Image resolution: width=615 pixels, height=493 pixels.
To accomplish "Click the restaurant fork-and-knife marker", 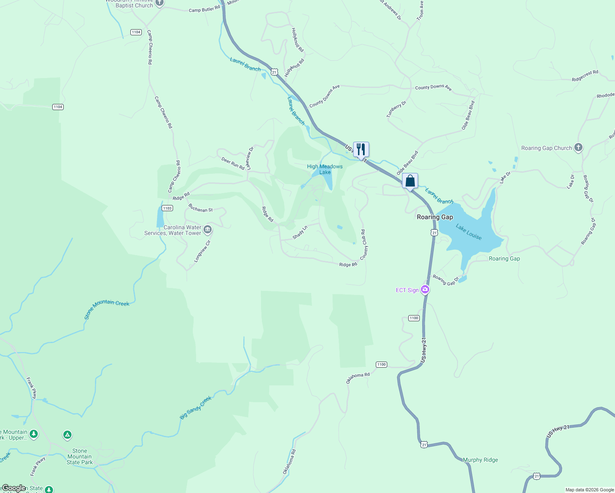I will pyautogui.click(x=361, y=150).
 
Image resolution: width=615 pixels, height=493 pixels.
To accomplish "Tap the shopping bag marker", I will pyautogui.click(x=410, y=181).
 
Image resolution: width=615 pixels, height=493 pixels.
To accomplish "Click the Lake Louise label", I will pyautogui.click(x=469, y=232).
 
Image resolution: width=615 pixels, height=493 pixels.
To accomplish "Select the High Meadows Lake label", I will pyautogui.click(x=325, y=169).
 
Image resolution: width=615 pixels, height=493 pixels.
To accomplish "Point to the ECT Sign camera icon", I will pyautogui.click(x=425, y=290).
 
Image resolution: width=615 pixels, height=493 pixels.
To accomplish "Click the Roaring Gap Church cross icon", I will pyautogui.click(x=578, y=147).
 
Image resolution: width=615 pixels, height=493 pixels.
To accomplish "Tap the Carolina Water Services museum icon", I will pyautogui.click(x=208, y=229).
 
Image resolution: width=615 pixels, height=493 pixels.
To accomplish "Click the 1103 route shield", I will pyautogui.click(x=167, y=208).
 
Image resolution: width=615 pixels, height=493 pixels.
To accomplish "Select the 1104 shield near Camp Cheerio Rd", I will pyautogui.click(x=136, y=32).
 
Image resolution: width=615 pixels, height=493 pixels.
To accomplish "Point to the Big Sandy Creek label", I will pyautogui.click(x=196, y=408).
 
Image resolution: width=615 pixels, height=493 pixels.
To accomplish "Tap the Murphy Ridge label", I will pyautogui.click(x=480, y=460).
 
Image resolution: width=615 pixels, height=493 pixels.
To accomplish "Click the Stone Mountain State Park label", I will pyautogui.click(x=80, y=456).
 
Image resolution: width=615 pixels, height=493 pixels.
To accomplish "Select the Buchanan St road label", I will pyautogui.click(x=201, y=208).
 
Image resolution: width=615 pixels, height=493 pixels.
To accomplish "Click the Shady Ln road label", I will pyautogui.click(x=300, y=233).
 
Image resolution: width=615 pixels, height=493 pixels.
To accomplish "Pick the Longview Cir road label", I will pyautogui.click(x=202, y=251).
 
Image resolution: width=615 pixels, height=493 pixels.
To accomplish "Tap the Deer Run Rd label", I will pyautogui.click(x=233, y=163).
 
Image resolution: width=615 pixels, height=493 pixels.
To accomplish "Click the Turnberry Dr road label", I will pyautogui.click(x=396, y=109).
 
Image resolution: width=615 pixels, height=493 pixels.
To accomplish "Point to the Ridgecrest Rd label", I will pyautogui.click(x=585, y=76).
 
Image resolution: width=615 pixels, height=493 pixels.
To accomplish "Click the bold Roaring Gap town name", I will pyautogui.click(x=435, y=217).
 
